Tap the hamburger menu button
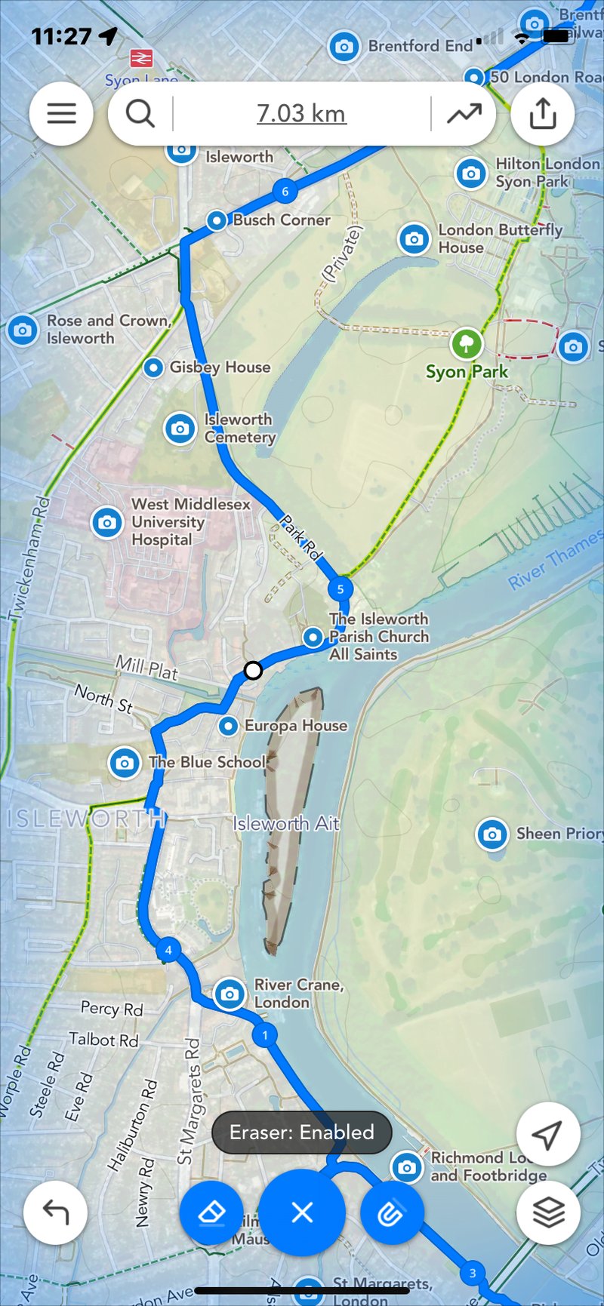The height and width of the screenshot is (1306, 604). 61,113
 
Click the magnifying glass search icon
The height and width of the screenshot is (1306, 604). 140,113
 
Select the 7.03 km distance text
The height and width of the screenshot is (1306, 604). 301,113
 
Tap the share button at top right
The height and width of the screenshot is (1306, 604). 543,114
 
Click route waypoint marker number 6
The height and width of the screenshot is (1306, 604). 285,192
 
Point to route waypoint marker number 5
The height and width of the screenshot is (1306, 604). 341,588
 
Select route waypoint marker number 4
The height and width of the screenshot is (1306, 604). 168,950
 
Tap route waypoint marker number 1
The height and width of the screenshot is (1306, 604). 264,1034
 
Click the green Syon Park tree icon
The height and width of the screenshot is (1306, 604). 467,344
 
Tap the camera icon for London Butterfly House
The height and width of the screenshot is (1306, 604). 414,239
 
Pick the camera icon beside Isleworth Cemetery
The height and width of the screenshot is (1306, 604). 180,429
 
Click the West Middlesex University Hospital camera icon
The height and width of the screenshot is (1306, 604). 107,522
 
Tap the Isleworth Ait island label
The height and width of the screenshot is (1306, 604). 286,823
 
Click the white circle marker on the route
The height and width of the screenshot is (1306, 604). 254,670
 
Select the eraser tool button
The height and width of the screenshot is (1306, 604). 211,1212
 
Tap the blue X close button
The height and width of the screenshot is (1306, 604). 302,1212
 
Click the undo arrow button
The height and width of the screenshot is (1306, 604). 55,1212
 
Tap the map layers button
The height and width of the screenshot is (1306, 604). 548,1212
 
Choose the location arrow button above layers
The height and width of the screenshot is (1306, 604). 548,1133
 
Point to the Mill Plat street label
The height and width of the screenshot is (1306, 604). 146,668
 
